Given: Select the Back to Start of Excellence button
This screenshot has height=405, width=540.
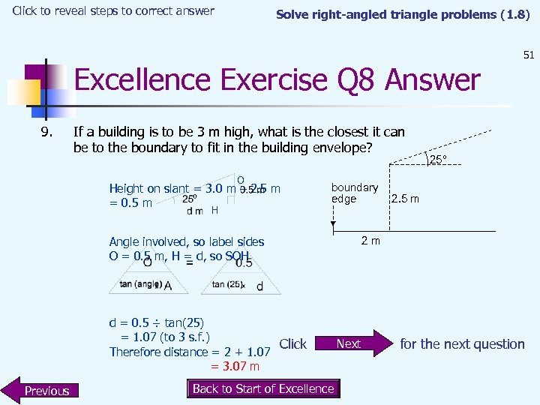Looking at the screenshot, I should tap(262, 388).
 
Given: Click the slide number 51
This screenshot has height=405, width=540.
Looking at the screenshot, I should tap(528, 55).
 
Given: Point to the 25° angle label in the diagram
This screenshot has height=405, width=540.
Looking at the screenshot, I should tap(437, 159).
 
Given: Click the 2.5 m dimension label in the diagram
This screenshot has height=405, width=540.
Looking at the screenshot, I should tap(405, 199).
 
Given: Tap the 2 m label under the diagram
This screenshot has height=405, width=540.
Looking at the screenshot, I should tap(370, 241).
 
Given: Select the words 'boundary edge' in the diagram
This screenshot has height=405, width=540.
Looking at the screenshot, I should tap(355, 193).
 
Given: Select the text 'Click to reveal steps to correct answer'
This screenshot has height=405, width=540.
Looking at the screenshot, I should tap(113, 11).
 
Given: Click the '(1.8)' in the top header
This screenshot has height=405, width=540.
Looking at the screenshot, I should tap(514, 14).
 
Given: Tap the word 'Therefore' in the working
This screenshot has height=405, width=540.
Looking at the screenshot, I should tap(136, 352).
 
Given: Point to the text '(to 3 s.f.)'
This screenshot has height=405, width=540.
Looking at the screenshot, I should tap(179, 337).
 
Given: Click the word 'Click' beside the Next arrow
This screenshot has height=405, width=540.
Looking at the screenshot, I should tap(292, 344).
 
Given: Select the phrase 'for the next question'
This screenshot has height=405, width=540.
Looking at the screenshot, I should tap(462, 344).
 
